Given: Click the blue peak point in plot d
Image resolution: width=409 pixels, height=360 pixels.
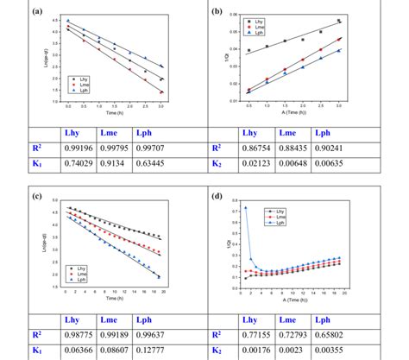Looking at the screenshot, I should (x=245, y=208).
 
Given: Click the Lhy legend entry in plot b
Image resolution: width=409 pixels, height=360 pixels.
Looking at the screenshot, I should (x=260, y=19).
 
